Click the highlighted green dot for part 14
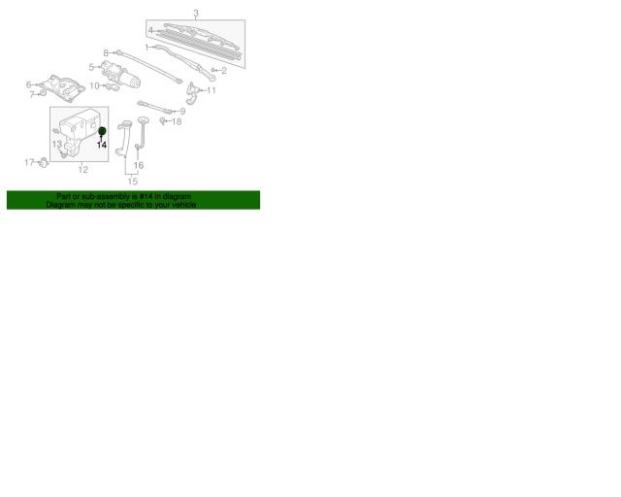click(x=102, y=131)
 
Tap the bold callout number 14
click(x=102, y=145)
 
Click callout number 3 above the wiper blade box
click(x=196, y=14)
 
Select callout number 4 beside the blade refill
click(x=150, y=30)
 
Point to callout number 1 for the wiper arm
click(x=147, y=48)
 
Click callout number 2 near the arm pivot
click(x=224, y=71)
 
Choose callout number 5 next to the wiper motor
click(x=91, y=67)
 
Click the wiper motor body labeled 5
click(x=121, y=74)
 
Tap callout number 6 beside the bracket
click(x=28, y=84)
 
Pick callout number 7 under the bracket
click(x=32, y=94)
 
